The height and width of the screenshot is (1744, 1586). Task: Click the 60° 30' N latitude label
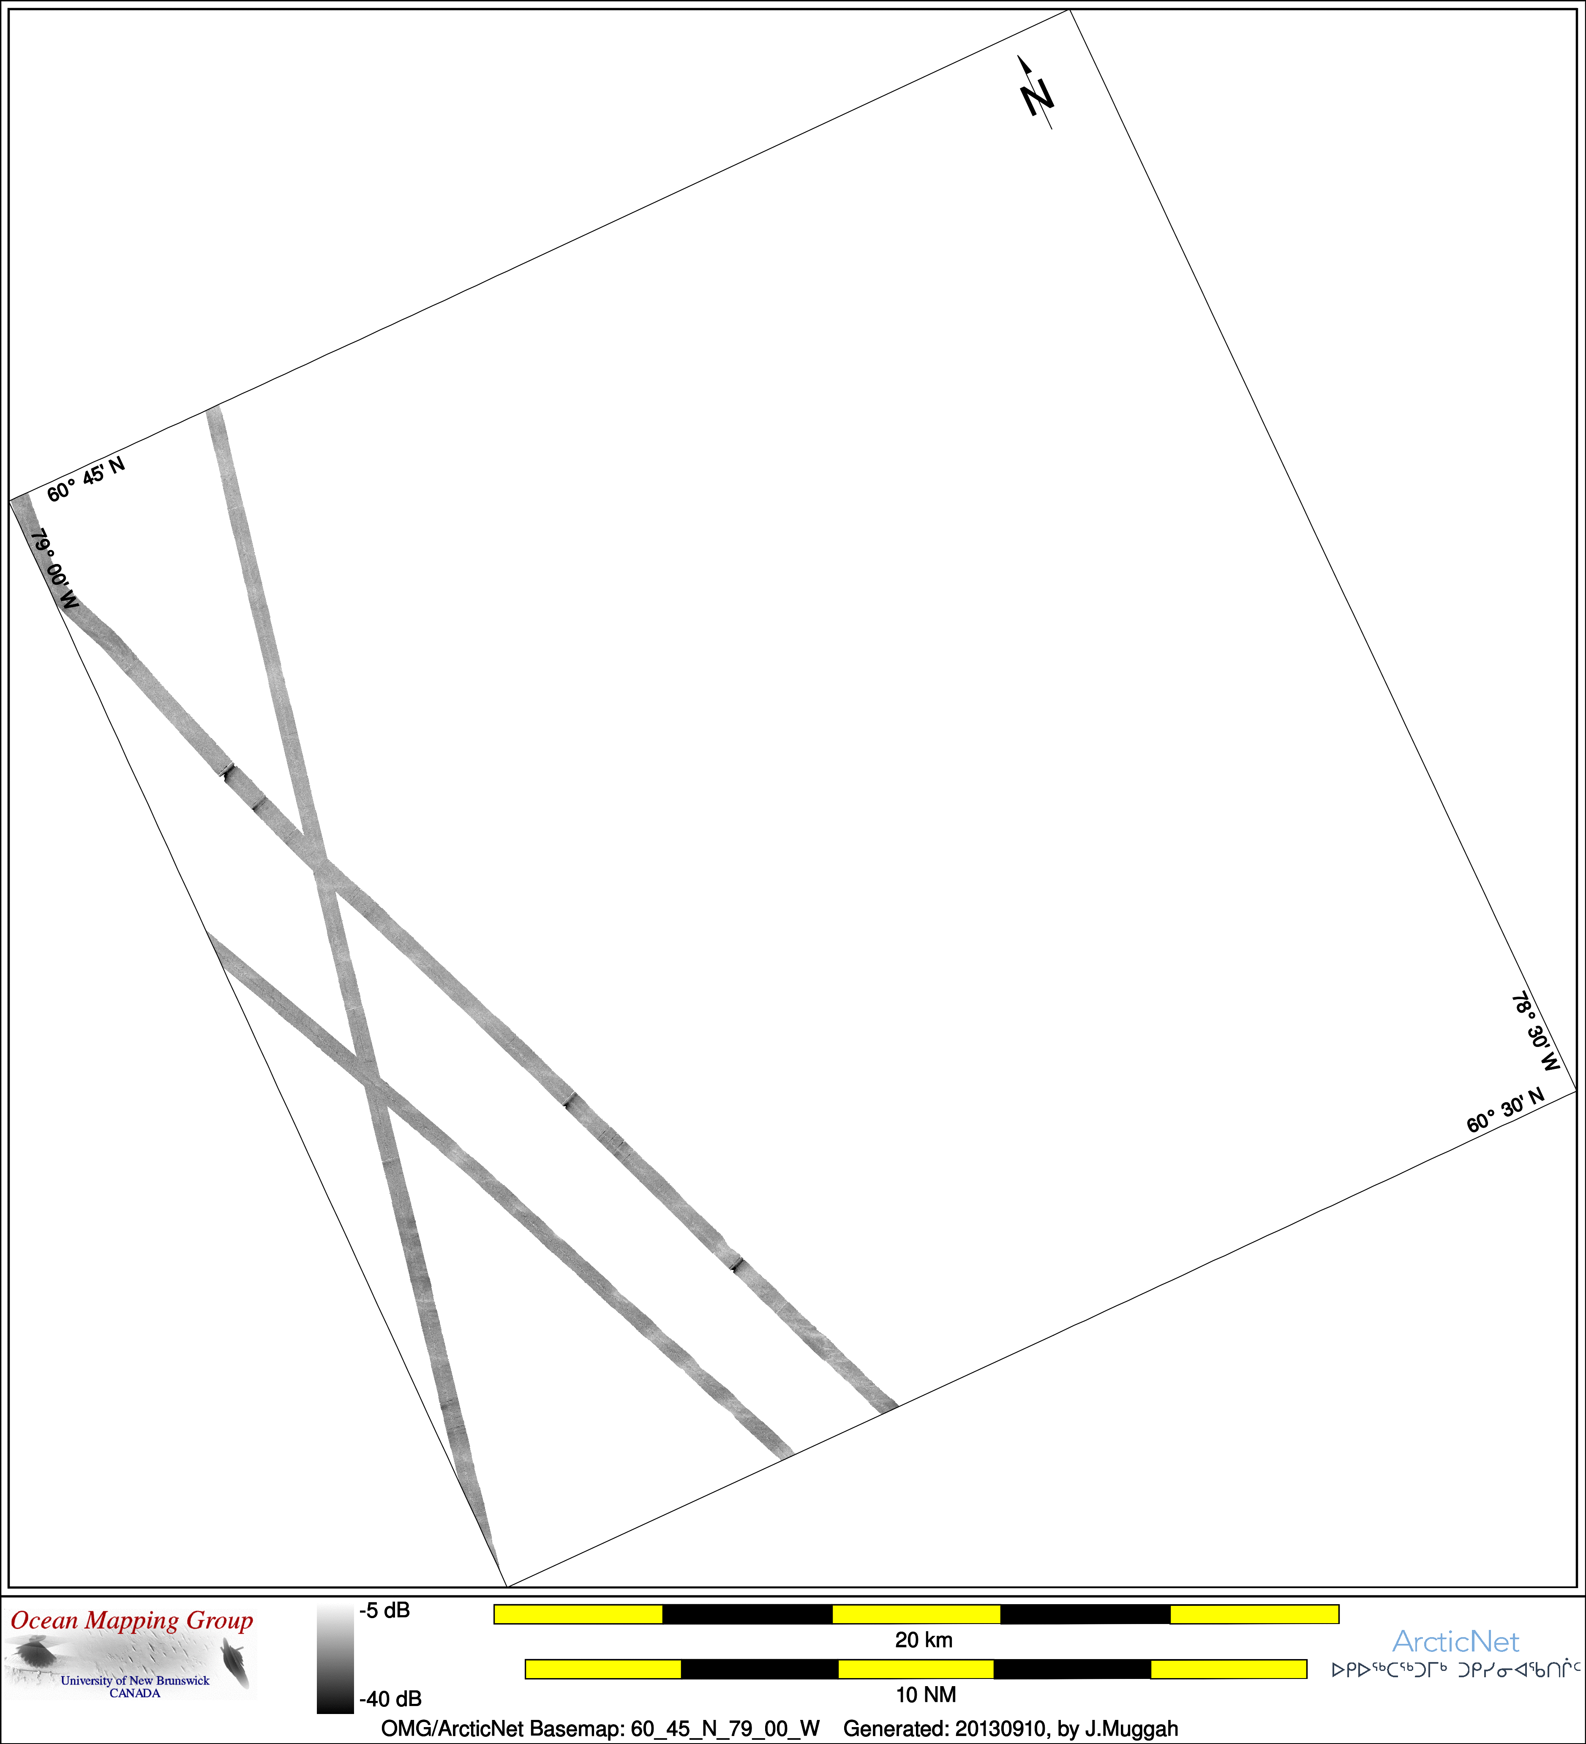coord(1506,1111)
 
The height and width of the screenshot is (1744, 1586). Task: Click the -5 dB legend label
coord(385,1611)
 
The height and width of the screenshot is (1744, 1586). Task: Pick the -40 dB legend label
coord(390,1699)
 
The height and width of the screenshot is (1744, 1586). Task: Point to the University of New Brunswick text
coord(135,1680)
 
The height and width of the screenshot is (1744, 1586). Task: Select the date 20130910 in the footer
coord(999,1728)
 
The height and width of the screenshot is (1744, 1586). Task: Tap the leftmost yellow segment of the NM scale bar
coord(603,1669)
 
